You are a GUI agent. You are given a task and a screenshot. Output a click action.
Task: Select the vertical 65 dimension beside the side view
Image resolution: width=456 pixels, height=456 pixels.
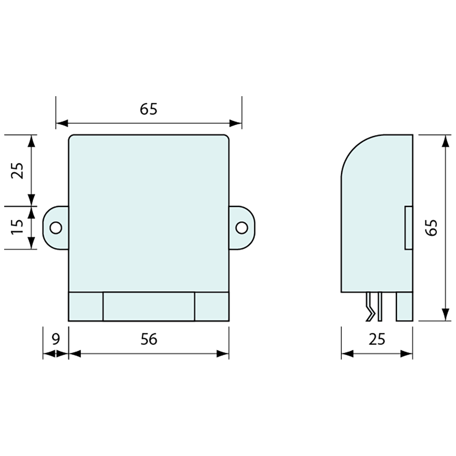432,228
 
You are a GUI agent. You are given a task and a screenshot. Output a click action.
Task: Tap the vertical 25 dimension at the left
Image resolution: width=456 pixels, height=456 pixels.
17,170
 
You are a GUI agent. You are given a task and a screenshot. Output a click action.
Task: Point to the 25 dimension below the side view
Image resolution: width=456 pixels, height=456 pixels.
377,339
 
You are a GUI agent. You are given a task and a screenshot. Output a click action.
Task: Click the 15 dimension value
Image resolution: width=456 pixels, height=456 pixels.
17,227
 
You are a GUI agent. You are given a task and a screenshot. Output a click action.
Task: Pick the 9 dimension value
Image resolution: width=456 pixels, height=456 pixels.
56,339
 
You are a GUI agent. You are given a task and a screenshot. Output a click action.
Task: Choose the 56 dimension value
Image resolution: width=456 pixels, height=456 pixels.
149,339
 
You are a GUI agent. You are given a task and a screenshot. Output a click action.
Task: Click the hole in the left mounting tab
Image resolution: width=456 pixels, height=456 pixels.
56,228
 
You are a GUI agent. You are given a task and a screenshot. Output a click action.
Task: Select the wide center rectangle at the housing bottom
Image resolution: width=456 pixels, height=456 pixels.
148,307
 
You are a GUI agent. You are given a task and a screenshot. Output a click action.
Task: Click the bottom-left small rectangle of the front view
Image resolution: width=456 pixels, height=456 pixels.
85,307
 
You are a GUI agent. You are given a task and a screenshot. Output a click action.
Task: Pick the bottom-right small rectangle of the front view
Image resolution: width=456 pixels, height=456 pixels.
211,307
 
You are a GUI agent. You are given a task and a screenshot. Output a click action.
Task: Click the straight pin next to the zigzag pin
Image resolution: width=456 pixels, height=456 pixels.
379,307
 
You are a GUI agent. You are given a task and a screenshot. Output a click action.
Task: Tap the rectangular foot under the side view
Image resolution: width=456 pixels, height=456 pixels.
404,307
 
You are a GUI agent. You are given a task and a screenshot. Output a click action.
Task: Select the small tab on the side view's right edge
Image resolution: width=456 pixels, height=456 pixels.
408,228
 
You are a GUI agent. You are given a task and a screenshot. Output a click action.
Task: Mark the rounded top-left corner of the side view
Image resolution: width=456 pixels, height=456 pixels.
352,149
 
